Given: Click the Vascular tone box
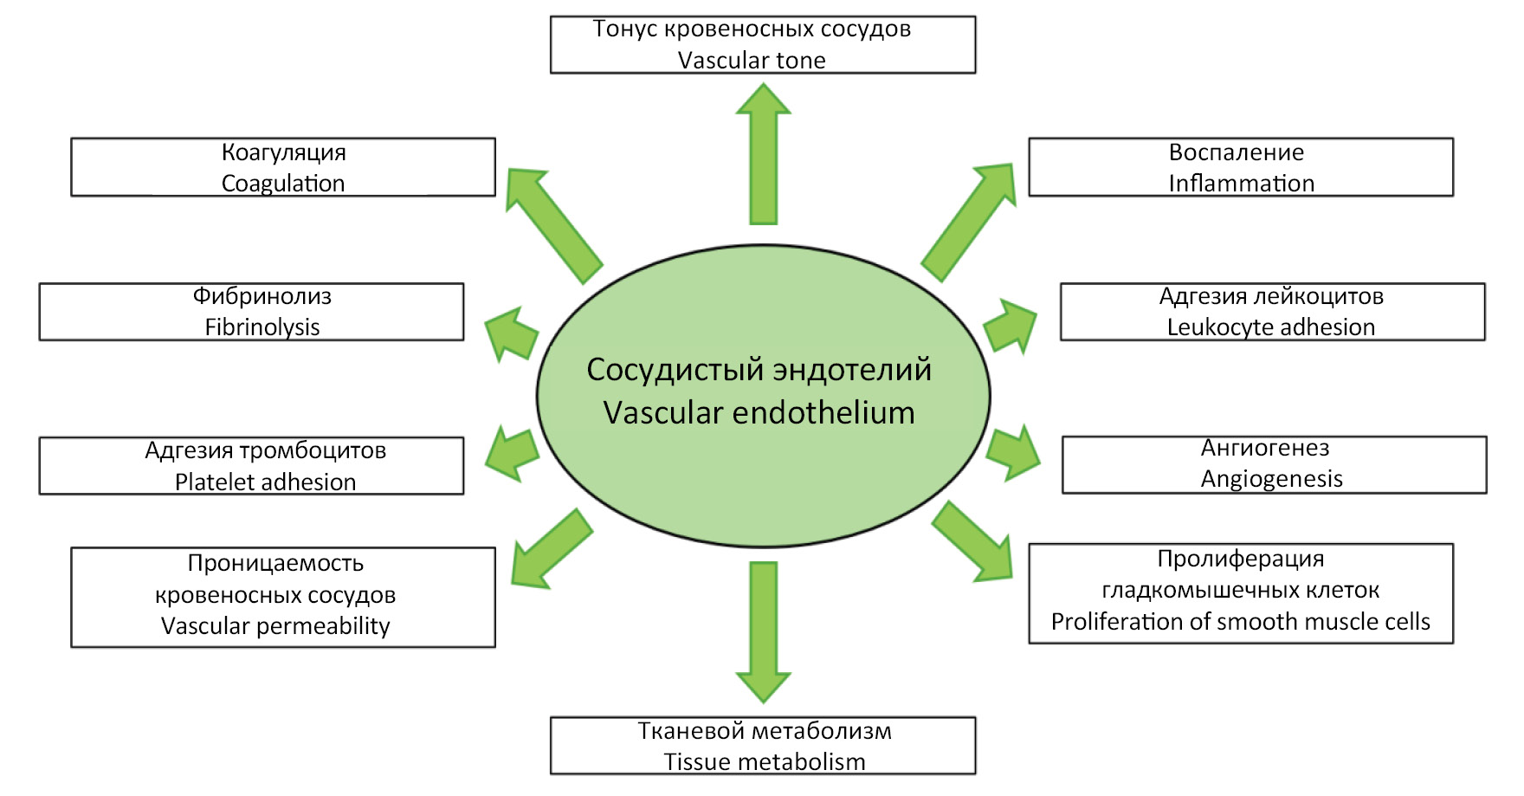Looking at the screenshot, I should (x=762, y=44).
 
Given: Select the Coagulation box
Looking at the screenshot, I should (x=282, y=167).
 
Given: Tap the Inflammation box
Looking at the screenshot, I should (x=1240, y=167).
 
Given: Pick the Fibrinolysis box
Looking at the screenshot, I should (x=251, y=312).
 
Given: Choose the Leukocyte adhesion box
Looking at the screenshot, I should (x=1272, y=312).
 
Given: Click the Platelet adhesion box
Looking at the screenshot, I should (x=251, y=466).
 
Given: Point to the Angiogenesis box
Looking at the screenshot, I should (x=1274, y=464).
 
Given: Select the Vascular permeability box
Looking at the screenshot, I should (x=282, y=597).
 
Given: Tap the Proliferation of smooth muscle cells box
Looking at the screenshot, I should (x=1240, y=593).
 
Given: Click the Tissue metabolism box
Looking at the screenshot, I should (x=762, y=745).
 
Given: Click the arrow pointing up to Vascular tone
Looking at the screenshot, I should (x=763, y=156).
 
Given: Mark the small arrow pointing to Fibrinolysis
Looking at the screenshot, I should (x=511, y=333).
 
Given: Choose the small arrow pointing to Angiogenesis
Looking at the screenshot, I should (x=1013, y=452).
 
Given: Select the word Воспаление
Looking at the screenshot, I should (x=1236, y=152).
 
